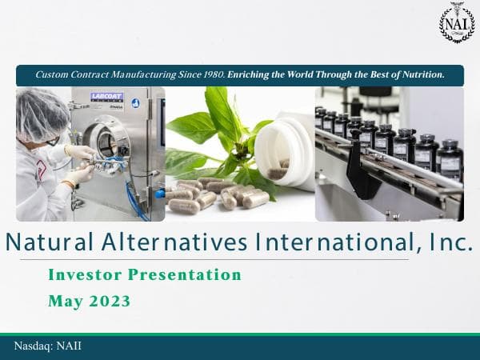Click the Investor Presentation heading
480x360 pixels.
pos(145,275)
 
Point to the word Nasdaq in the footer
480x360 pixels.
pos(33,346)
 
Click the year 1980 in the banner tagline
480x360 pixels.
pos(211,74)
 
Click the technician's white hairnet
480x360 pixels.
pos(38,112)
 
